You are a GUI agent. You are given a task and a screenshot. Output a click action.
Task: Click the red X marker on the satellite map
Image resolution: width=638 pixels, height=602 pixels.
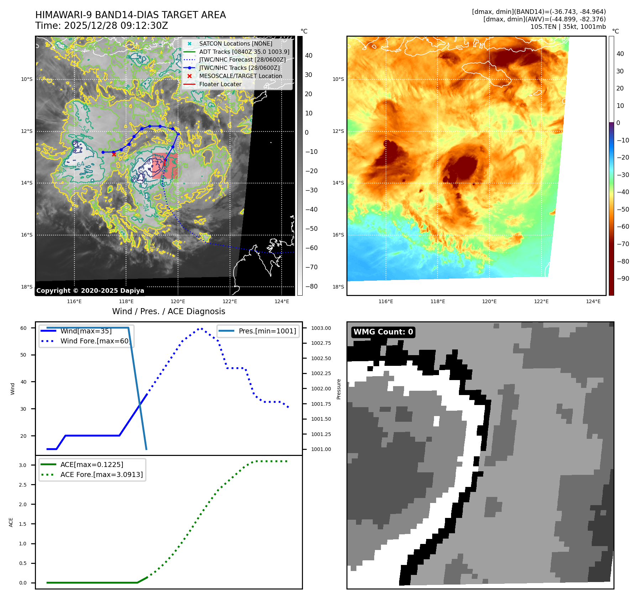tap(114, 154)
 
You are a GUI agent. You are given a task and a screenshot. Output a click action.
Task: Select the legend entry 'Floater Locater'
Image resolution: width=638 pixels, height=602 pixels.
tap(220, 84)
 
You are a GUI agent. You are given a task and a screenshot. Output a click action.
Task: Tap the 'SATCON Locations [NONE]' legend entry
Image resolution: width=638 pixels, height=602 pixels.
tap(235, 43)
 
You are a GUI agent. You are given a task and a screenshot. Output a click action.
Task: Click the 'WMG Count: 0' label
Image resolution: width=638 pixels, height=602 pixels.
tap(383, 332)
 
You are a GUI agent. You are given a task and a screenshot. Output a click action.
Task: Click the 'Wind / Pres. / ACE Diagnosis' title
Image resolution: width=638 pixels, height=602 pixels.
tap(168, 311)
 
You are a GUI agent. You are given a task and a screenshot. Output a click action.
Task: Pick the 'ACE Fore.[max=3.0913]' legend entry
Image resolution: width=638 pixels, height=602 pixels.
tap(101, 474)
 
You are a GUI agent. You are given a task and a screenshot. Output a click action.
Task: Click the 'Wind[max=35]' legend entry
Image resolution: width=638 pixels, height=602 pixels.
tap(86, 331)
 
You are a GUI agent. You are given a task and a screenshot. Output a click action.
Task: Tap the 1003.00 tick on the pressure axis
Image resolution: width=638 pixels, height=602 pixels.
tap(321, 328)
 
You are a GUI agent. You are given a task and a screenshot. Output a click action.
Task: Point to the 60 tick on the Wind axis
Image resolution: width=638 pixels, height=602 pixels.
tap(23, 328)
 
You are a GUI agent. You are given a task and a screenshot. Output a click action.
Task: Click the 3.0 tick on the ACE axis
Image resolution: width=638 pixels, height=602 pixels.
tap(23, 465)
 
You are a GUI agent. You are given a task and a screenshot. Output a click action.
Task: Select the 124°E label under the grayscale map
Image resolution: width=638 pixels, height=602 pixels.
tap(282, 301)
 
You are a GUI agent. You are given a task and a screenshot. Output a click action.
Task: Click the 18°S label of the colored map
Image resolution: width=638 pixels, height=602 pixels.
tap(338, 287)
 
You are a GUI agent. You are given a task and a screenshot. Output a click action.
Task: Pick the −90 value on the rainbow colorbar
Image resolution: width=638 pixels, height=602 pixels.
tap(623, 279)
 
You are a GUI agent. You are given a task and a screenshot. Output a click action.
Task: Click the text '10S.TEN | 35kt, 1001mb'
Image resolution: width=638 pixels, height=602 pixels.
tap(568, 27)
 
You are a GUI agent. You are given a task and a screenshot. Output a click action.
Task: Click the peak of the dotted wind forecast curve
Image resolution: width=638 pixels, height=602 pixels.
tap(200, 328)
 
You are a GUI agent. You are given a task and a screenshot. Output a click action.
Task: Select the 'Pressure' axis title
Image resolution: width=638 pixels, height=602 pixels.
tap(339, 389)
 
